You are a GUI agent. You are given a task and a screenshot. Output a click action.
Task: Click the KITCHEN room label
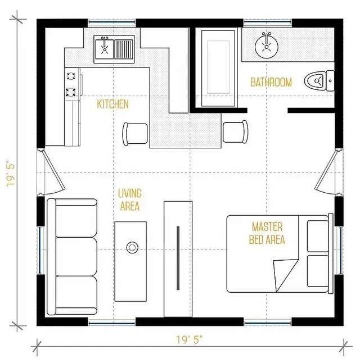click(112, 104)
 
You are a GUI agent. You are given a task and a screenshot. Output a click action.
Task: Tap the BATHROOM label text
click(271, 83)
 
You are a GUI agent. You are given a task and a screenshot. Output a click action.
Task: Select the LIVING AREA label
click(129, 200)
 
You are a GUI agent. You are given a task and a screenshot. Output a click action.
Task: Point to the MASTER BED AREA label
click(267, 233)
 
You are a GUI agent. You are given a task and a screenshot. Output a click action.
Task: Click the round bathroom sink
click(266, 47)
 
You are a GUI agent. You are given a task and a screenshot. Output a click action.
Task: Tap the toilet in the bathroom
click(319, 81)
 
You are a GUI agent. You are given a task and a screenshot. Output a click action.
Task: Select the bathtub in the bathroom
click(218, 69)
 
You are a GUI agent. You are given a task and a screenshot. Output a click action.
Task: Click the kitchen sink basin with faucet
click(104, 49)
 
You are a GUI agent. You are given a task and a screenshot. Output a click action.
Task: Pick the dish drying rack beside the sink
click(124, 49)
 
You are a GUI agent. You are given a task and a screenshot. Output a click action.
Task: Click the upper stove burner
click(71, 76)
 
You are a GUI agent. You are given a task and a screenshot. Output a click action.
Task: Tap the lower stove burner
click(70, 92)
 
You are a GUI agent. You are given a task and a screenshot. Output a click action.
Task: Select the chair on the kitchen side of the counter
click(135, 134)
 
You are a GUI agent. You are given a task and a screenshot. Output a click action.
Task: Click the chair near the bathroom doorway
click(235, 131)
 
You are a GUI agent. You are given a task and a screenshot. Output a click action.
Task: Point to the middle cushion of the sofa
click(76, 256)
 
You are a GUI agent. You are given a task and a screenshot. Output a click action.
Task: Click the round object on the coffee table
click(132, 248)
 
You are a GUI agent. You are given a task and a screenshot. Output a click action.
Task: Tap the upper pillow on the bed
click(318, 236)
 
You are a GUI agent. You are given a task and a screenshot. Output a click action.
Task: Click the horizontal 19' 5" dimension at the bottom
click(189, 340)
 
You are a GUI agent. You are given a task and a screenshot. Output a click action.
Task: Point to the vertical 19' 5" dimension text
click(11, 173)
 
